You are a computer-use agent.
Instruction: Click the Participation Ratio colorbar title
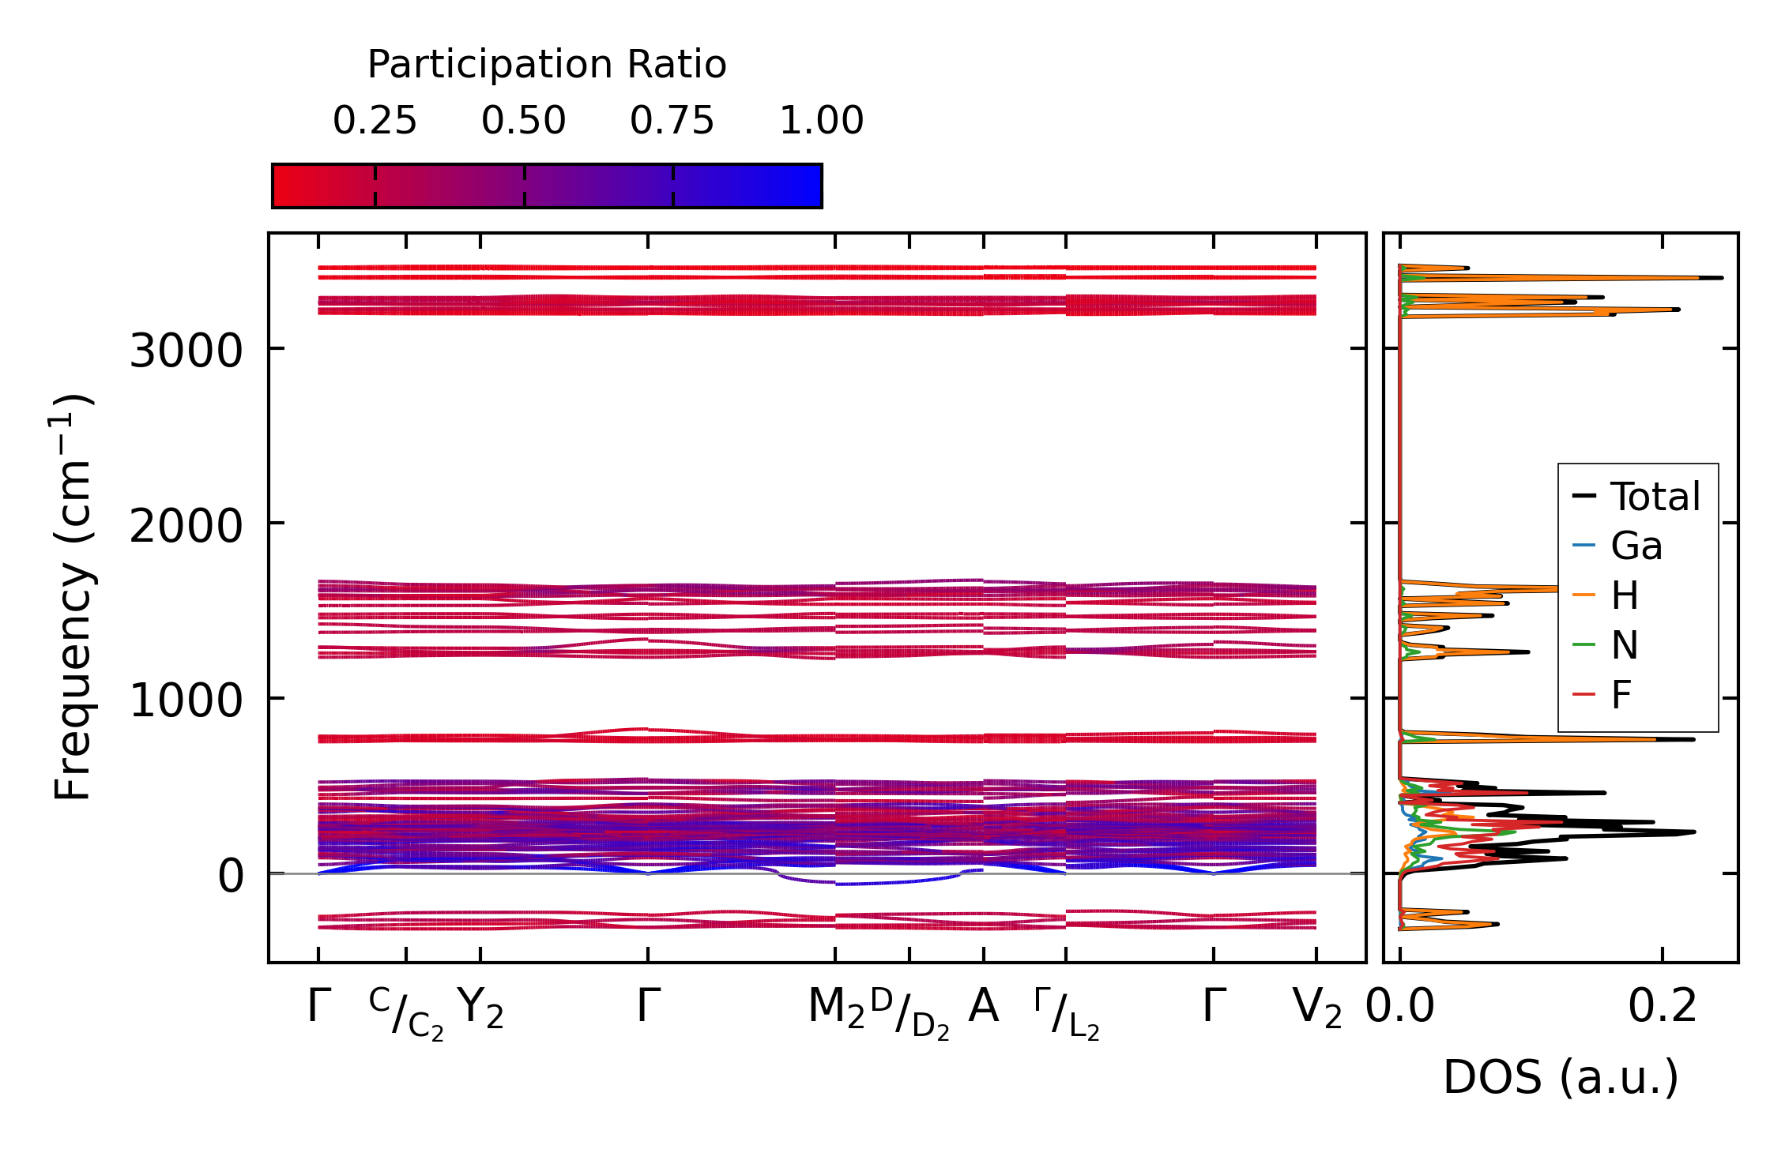[x=547, y=65]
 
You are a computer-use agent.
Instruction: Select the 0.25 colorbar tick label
[x=375, y=121]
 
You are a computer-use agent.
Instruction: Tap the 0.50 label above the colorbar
[x=524, y=121]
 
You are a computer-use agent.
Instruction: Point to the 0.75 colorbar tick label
[x=672, y=121]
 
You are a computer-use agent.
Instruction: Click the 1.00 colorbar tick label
[x=822, y=121]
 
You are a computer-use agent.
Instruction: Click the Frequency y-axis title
[x=73, y=597]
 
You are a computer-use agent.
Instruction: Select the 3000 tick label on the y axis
[x=186, y=351]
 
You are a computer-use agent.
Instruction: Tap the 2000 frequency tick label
[x=186, y=525]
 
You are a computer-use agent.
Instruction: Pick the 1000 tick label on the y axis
[x=186, y=700]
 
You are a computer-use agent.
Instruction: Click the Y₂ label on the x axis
[x=480, y=1008]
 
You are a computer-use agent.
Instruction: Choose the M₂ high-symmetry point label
[x=836, y=1008]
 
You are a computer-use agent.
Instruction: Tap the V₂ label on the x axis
[x=1317, y=1008]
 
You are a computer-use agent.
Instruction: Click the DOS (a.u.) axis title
[x=1561, y=1077]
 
